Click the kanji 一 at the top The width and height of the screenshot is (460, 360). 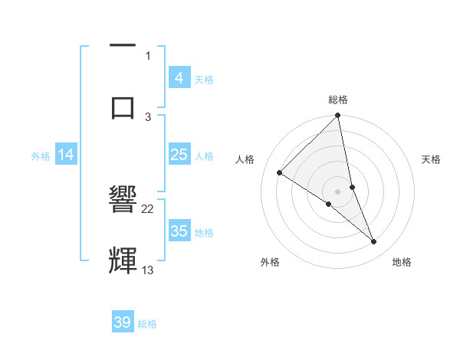tap(123, 47)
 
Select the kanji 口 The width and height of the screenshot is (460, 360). tap(123, 106)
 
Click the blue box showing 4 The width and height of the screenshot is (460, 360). tap(179, 78)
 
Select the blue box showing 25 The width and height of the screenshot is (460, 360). tap(179, 155)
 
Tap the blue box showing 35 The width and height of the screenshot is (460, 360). tap(179, 231)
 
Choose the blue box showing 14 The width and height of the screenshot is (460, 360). tap(66, 155)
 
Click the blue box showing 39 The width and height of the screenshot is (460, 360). tap(123, 322)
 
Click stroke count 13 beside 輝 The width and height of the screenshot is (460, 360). tap(148, 270)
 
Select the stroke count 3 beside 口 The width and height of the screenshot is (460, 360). tap(148, 116)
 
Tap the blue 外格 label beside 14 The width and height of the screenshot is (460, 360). tap(41, 156)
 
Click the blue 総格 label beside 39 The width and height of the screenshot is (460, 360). tap(147, 324)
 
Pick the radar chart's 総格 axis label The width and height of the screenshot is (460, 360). tap(338, 100)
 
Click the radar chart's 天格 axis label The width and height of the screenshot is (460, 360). tap(432, 159)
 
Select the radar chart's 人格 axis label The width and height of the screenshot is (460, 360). tap(245, 159)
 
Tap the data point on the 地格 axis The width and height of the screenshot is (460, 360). tap(374, 242)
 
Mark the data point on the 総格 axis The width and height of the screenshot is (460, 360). tap(338, 116)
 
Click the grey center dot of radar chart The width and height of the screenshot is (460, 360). tap(338, 191)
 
